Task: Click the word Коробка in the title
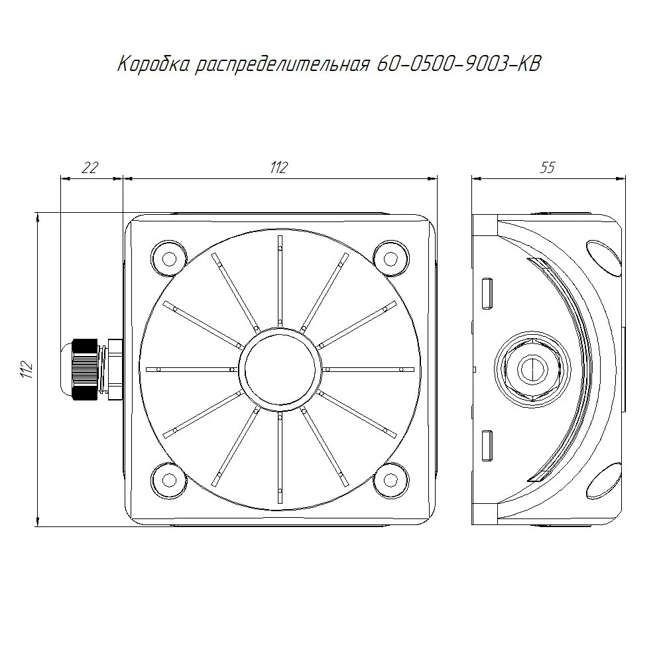152,64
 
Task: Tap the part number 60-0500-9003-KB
458,64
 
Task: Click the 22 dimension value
90,168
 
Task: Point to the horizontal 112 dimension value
279,168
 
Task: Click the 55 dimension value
547,168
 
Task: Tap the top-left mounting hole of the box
169,259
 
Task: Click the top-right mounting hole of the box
391,259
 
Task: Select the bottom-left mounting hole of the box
169,480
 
